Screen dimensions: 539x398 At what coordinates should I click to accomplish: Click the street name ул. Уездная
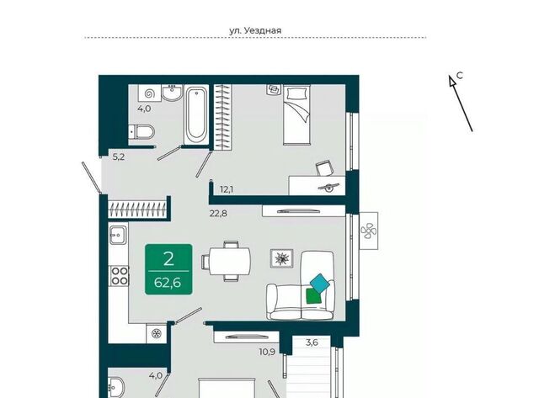[255, 30]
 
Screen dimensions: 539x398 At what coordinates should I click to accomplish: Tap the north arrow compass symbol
[461, 103]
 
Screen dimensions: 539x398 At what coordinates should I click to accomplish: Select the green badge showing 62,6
[168, 269]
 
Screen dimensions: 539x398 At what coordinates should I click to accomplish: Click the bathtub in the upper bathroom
[196, 115]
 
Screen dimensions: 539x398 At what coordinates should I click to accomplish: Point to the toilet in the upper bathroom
[141, 131]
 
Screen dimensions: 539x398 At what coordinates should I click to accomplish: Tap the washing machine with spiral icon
[150, 93]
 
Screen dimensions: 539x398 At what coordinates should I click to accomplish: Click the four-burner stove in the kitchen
[119, 276]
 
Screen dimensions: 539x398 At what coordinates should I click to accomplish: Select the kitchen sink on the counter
[118, 234]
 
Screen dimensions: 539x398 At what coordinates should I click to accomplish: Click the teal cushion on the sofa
[320, 283]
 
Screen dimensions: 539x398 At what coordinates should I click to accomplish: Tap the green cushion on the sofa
[313, 296]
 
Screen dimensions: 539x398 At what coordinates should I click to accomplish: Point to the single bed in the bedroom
[297, 114]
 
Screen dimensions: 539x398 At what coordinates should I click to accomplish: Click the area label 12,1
[227, 188]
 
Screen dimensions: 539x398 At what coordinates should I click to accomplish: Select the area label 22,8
[218, 214]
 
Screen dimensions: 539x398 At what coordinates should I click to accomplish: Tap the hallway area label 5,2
[119, 157]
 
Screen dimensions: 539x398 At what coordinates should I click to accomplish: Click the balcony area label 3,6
[312, 342]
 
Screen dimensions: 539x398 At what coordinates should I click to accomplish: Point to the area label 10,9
[267, 352]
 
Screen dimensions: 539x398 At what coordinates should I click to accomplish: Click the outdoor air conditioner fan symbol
[369, 231]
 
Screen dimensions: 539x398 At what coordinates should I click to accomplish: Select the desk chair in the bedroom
[325, 168]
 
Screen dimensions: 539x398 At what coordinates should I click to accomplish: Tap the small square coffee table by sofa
[281, 258]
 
